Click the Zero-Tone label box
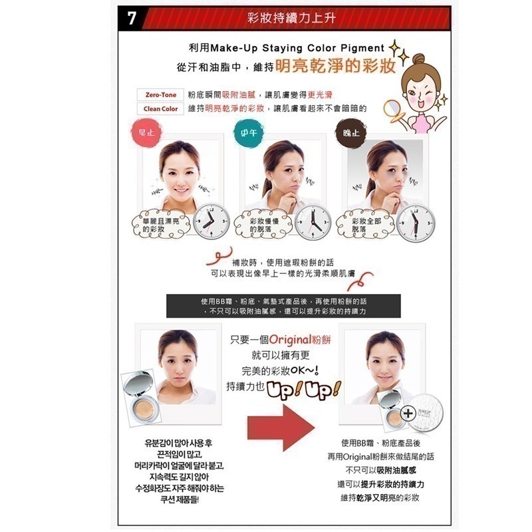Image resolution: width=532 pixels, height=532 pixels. coord(157,95)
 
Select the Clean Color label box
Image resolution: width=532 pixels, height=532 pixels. coord(160,108)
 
